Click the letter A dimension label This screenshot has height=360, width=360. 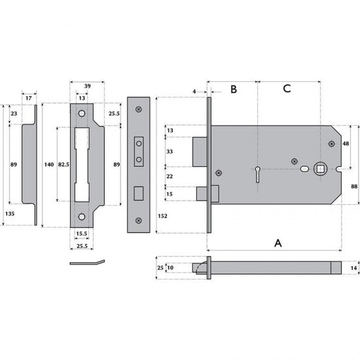click(x=278, y=243)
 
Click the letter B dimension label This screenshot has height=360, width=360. click(x=234, y=89)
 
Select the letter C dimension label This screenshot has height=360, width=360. click(x=287, y=88)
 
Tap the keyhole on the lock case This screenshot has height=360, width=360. click(x=258, y=175)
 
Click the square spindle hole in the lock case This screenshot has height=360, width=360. click(x=320, y=170)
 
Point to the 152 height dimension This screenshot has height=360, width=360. click(x=162, y=216)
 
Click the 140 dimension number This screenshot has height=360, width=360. click(x=49, y=164)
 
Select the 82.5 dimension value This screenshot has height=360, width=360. click(x=63, y=164)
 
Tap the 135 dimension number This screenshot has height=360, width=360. click(x=10, y=213)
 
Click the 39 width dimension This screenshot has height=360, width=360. click(x=87, y=86)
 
